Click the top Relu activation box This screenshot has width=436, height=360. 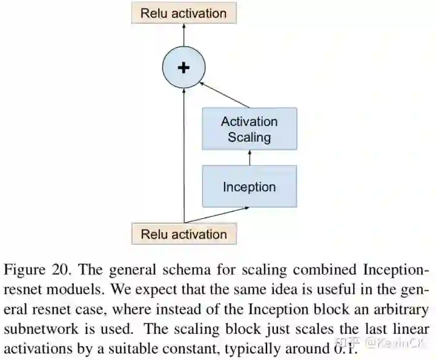point(183,13)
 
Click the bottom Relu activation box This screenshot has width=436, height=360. point(183,234)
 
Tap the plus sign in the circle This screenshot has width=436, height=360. point(183,67)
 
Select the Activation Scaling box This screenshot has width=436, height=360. point(249,128)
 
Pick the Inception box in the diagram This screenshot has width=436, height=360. point(249,186)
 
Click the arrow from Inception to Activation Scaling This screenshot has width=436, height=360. point(249,158)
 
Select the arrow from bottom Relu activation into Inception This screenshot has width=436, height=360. point(218,215)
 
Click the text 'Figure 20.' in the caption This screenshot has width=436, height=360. point(38,268)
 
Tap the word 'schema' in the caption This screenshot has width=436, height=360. point(179,268)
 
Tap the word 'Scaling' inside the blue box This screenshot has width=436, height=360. point(249,137)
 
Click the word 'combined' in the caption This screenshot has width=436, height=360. point(313,268)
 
